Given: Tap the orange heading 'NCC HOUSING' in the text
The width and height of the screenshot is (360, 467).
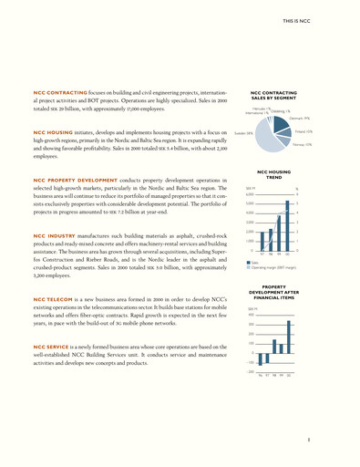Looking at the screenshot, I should coord(50,134).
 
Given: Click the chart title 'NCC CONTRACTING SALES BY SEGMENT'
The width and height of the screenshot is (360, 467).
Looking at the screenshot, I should coord(274,96).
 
